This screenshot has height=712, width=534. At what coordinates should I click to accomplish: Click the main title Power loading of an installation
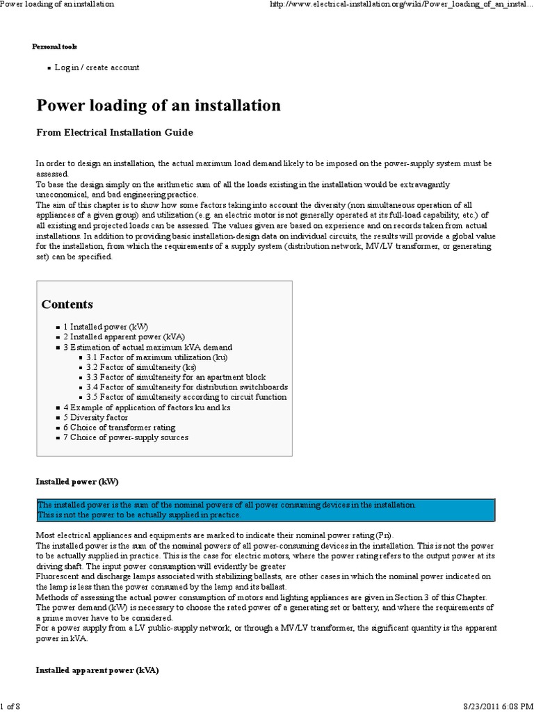(159, 106)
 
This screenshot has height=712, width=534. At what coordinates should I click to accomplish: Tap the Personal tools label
(55, 47)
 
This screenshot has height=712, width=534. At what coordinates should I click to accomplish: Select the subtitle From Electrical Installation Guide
(114, 132)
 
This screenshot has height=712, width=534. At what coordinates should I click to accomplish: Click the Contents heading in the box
(67, 305)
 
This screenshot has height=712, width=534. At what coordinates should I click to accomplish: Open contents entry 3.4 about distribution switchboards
(187, 387)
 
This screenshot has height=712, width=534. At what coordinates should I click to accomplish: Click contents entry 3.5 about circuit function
(186, 397)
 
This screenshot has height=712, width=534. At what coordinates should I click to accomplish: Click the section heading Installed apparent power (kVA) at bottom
(97, 671)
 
